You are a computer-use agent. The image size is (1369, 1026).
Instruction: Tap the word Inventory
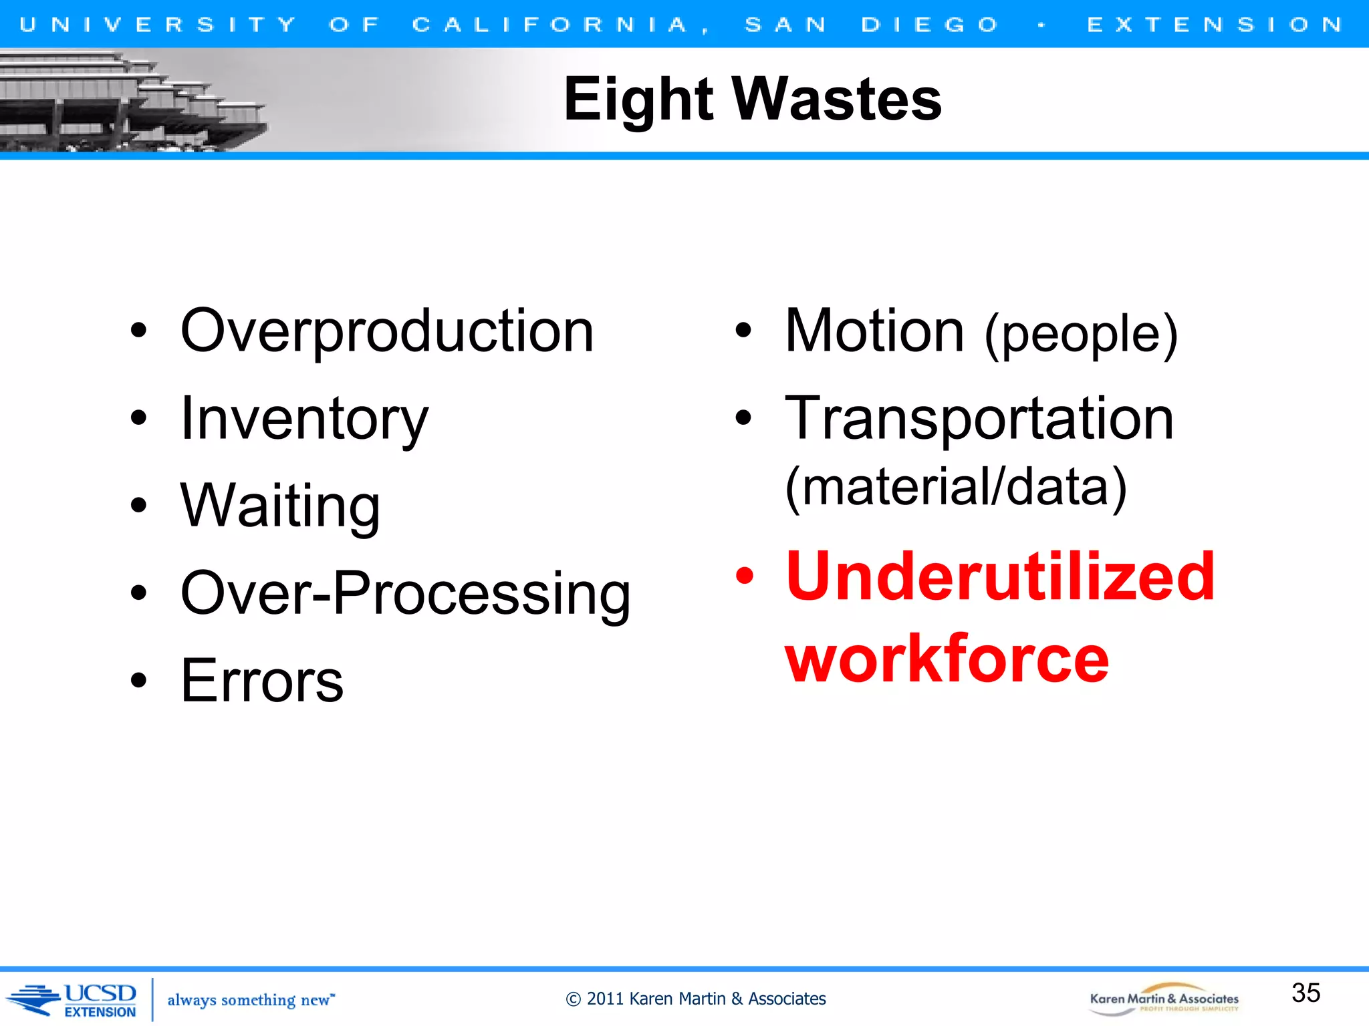click(304, 419)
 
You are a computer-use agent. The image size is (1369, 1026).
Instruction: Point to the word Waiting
click(280, 506)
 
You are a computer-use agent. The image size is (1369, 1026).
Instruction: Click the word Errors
click(262, 681)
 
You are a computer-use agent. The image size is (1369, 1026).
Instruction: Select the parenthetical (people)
click(1081, 334)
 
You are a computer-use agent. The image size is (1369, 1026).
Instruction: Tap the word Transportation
click(979, 419)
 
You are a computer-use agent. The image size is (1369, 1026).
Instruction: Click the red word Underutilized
click(1000, 576)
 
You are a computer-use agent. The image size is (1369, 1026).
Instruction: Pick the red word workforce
click(947, 659)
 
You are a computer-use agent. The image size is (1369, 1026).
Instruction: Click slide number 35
click(1305, 993)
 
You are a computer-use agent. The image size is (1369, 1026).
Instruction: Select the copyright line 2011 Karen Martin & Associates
click(696, 999)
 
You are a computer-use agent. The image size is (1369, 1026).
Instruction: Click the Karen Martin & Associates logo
click(1164, 999)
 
